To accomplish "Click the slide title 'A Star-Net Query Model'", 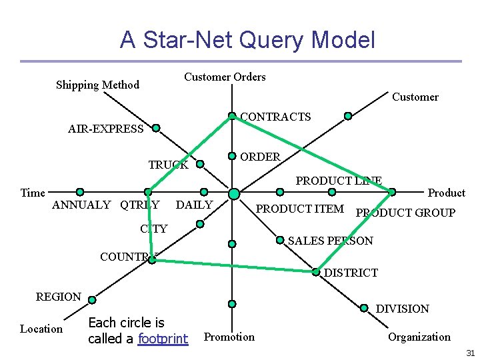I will pyautogui.click(x=247, y=40).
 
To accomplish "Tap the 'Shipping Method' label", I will pyautogui.click(x=97, y=85).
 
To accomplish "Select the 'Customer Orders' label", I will pyautogui.click(x=225, y=77).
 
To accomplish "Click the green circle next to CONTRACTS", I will pyautogui.click(x=231, y=116).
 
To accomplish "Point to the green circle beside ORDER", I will pyautogui.click(x=231, y=156).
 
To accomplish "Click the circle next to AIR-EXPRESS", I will pyautogui.click(x=155, y=127).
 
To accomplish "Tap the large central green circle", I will pyautogui.click(x=233, y=194).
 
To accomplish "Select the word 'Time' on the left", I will pyautogui.click(x=33, y=193).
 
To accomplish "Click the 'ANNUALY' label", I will pyautogui.click(x=81, y=205).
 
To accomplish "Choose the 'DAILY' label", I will pyautogui.click(x=194, y=205).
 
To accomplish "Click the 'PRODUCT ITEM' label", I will pyautogui.click(x=300, y=209).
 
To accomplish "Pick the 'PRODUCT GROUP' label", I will pyautogui.click(x=405, y=213).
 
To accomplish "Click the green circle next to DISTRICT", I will pyautogui.click(x=315, y=271).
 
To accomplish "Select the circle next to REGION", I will pyautogui.click(x=92, y=299).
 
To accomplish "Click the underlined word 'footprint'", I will pyautogui.click(x=163, y=339).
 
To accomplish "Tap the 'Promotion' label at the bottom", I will pyautogui.click(x=229, y=337).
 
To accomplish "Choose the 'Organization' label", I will pyautogui.click(x=419, y=337).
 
